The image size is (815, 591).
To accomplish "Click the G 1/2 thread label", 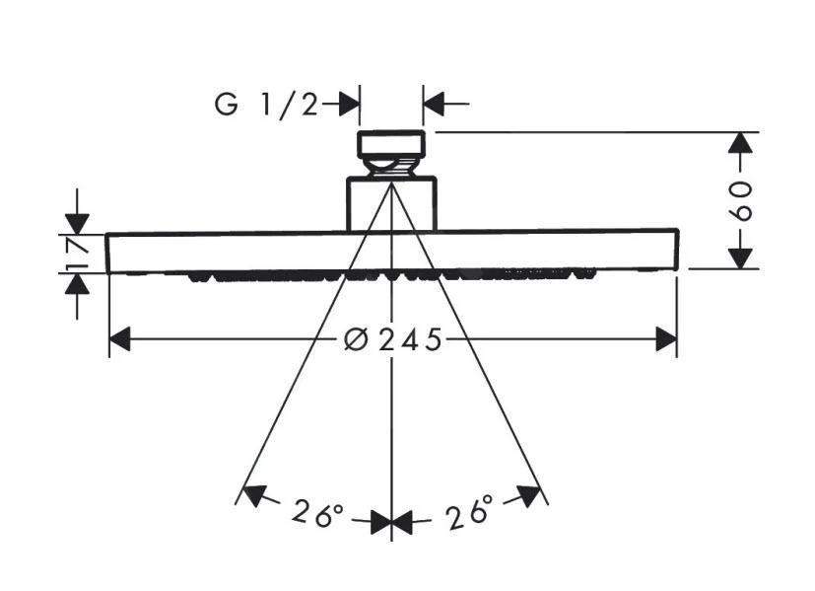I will pyautogui.click(x=267, y=104).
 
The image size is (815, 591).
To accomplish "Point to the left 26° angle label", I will pyautogui.click(x=316, y=513).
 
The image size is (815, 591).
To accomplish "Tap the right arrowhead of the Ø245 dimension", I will pyautogui.click(x=666, y=339).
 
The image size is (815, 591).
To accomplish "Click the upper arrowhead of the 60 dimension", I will pyautogui.click(x=741, y=143).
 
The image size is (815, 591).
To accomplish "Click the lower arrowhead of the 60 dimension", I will pyautogui.click(x=741, y=257).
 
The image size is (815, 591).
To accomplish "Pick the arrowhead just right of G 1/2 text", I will pyautogui.click(x=347, y=103).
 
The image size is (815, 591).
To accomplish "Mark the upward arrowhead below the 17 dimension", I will pyautogui.click(x=78, y=283).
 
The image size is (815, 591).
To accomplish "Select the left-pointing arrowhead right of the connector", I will pyautogui.click(x=435, y=103).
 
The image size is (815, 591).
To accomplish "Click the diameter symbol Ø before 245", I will pyautogui.click(x=356, y=340).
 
